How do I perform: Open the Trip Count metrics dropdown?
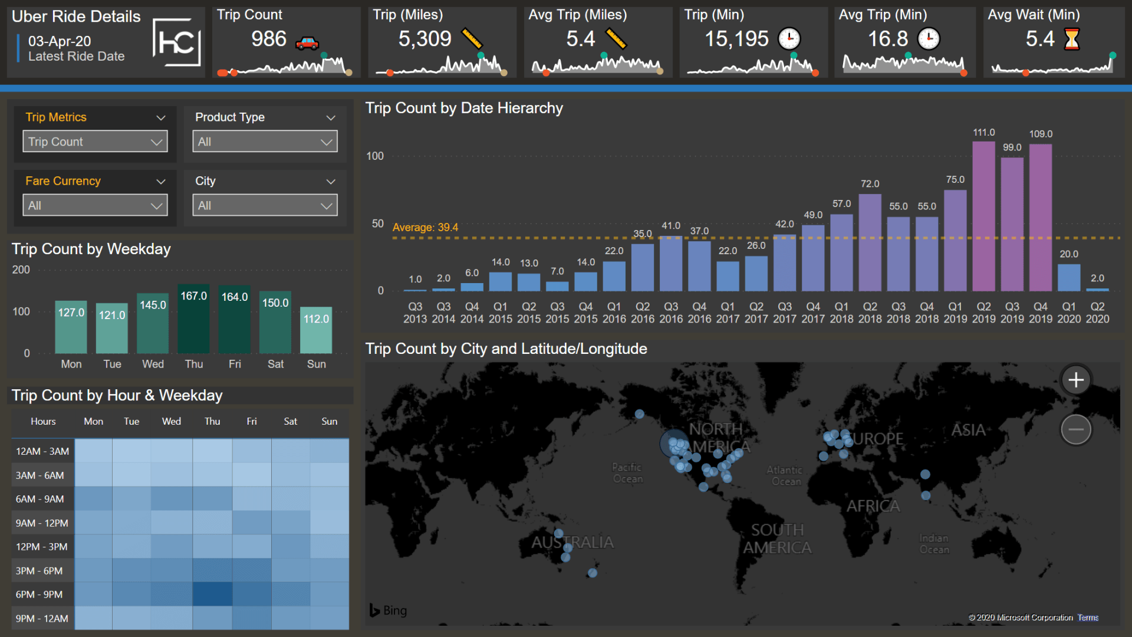click(x=95, y=142)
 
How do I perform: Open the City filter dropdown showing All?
click(x=265, y=205)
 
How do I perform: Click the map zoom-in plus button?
click(x=1076, y=380)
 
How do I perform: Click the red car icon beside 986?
click(x=307, y=42)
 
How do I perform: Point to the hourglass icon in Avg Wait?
click(x=1071, y=40)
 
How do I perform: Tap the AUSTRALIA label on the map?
click(x=572, y=542)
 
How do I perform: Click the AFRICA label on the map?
click(x=873, y=506)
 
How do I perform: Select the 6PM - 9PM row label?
click(x=40, y=595)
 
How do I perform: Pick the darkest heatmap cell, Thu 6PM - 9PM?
click(x=212, y=594)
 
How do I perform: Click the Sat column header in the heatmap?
click(x=290, y=421)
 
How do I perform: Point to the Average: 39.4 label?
click(x=425, y=227)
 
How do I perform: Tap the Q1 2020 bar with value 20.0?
click(x=1069, y=277)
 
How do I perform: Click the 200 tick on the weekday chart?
click(x=21, y=270)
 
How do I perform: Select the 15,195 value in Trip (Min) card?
click(x=736, y=39)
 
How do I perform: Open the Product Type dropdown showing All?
click(x=265, y=142)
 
